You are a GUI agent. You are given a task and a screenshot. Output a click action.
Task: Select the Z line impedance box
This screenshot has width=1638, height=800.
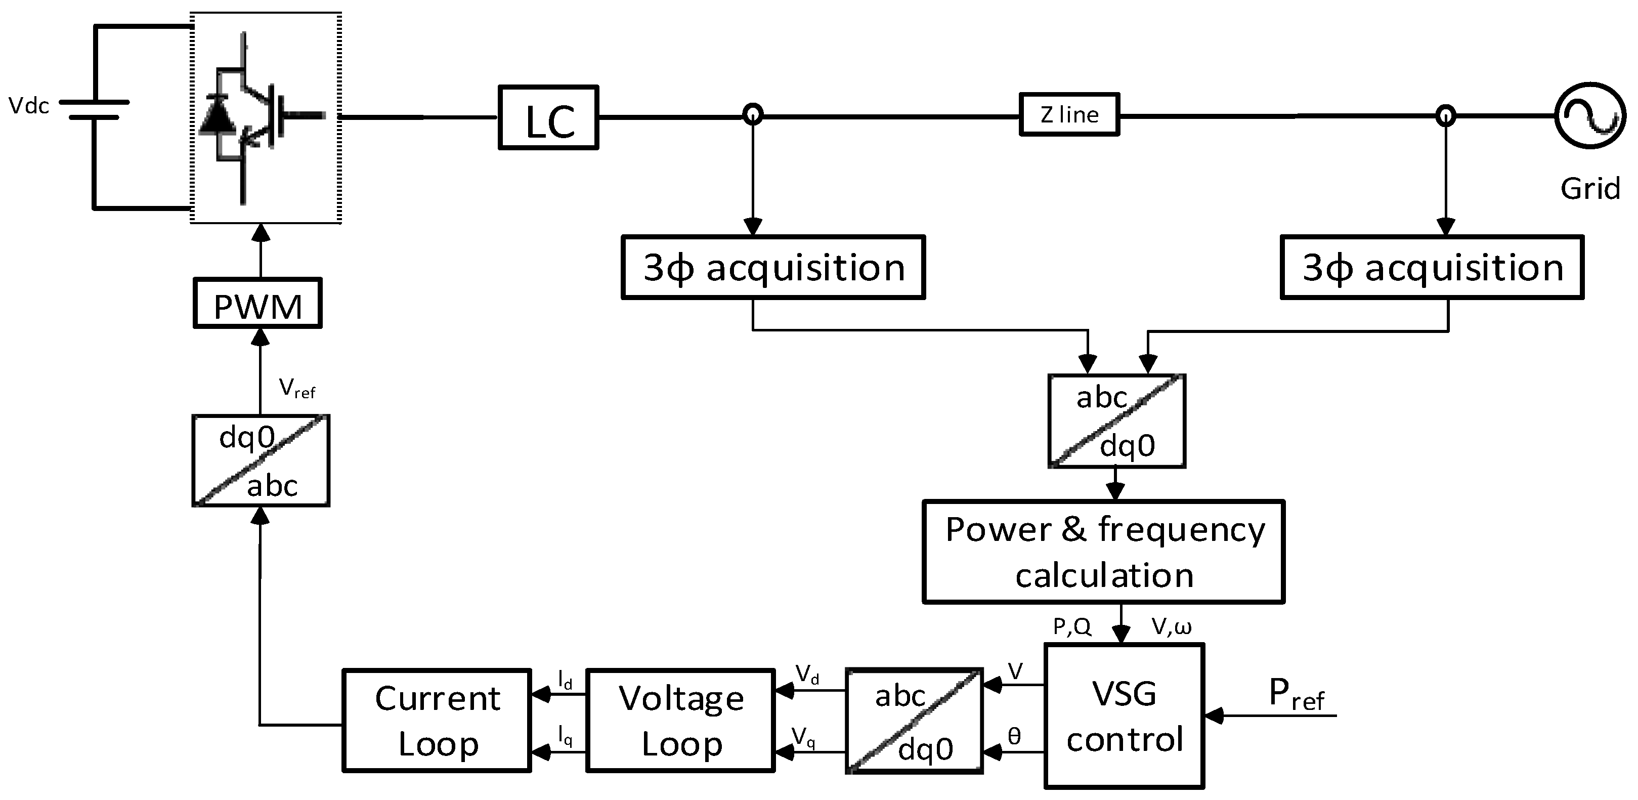(1069, 115)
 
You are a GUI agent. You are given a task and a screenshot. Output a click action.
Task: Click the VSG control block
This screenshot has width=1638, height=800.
(1124, 716)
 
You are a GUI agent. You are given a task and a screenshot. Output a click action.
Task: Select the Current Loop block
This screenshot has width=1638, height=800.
(437, 721)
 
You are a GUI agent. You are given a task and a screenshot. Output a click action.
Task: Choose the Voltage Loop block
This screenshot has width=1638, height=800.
(680, 721)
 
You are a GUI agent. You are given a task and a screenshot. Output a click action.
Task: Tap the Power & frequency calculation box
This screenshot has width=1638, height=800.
(1103, 552)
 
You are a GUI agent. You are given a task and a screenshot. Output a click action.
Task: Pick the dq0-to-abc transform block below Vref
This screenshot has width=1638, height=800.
(261, 461)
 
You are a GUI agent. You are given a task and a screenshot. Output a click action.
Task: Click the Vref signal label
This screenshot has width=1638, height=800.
(296, 388)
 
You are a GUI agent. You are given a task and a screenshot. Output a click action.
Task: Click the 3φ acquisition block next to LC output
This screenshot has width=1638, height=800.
(772, 268)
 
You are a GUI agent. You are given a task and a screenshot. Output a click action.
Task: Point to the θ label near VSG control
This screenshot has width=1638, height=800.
(1015, 736)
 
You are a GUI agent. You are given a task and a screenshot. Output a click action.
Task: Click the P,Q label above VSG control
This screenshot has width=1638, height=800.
(1072, 627)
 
